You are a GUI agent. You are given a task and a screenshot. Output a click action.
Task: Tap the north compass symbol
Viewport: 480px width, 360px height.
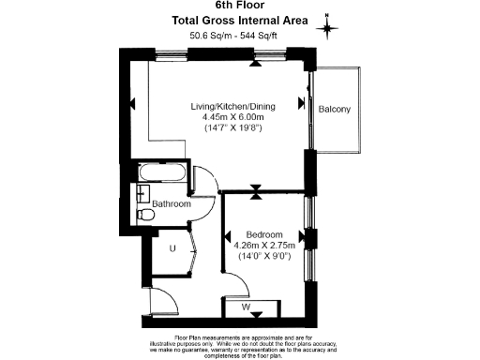point(328,26)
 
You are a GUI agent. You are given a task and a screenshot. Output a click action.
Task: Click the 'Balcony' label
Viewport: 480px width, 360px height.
point(335,110)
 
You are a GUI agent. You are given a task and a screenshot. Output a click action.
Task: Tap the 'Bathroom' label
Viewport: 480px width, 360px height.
point(172,203)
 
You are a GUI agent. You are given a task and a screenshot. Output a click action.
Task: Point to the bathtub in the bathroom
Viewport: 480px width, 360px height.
point(161,173)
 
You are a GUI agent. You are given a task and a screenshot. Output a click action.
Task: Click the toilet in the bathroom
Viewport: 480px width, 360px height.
point(145,216)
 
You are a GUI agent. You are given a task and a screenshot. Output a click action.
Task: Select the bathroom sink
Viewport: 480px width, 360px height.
point(141,192)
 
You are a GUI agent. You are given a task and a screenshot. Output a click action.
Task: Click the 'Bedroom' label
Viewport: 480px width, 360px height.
point(264,233)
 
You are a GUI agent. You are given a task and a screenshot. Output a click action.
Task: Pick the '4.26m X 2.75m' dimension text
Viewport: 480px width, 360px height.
point(264,245)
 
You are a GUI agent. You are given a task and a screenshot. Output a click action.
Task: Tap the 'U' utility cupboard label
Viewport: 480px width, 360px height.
point(173,248)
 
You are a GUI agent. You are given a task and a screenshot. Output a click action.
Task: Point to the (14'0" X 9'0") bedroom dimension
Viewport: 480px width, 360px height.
point(264,256)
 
